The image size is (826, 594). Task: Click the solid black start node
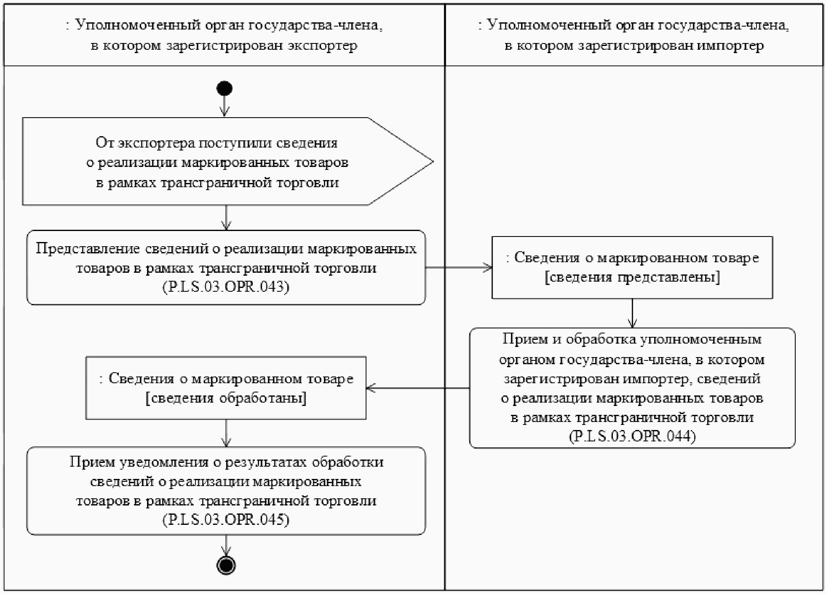click(224, 89)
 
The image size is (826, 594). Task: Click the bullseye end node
click(226, 565)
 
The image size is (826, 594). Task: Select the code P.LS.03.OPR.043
click(226, 287)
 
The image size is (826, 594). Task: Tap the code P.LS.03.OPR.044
click(632, 436)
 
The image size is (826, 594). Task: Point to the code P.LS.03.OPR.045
click(226, 519)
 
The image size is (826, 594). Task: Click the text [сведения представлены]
click(632, 277)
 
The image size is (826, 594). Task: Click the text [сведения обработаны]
click(226, 398)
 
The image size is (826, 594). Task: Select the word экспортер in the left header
click(322, 46)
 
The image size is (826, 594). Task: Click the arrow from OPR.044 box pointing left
click(417, 388)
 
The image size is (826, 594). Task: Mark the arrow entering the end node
click(226, 546)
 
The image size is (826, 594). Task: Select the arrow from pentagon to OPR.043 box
click(226, 218)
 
